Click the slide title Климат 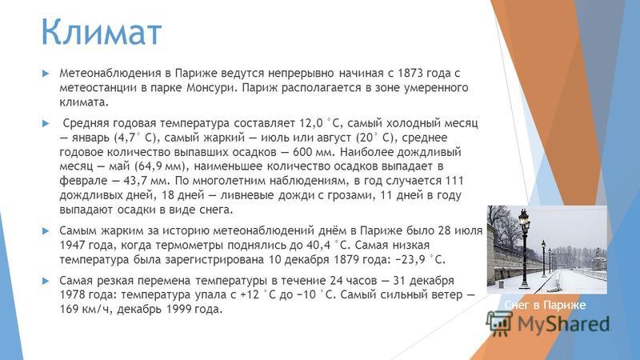coord(102,31)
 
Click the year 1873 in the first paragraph coord(410,73)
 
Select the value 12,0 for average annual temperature coord(311,123)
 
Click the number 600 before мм coord(302,152)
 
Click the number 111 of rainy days coord(454,181)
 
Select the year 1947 coord(72,246)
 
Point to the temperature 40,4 coord(318,246)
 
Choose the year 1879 coord(346,259)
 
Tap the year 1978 coord(72,294)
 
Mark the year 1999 coord(178,309)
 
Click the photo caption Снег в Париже coord(545,305)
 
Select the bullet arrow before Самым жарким coord(46,231)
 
